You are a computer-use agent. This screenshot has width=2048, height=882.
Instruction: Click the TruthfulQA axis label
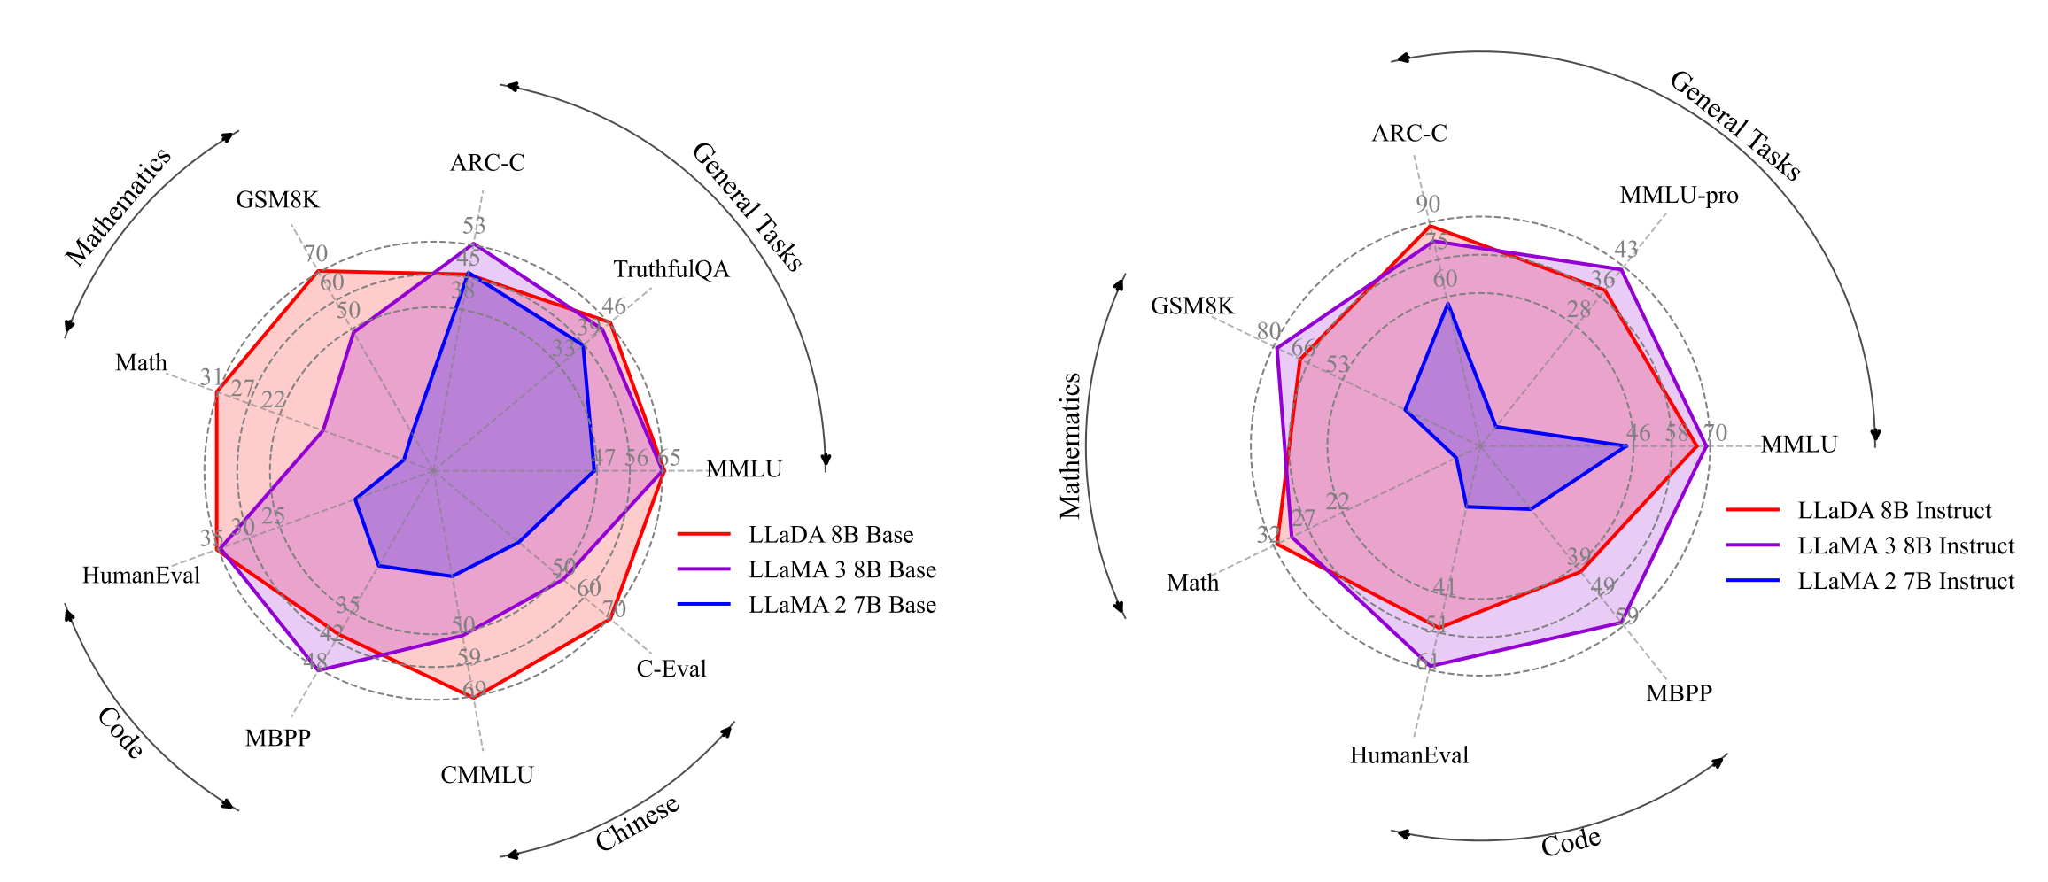click(x=671, y=269)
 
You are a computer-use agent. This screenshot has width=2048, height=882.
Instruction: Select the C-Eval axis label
click(x=671, y=669)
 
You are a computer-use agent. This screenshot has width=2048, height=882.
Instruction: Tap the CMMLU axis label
click(x=487, y=776)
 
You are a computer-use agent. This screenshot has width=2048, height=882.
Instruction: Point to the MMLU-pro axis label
click(x=1679, y=196)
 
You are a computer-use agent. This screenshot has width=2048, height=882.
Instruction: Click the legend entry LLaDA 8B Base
click(x=830, y=535)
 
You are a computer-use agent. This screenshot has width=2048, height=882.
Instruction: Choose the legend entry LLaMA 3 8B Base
click(x=842, y=570)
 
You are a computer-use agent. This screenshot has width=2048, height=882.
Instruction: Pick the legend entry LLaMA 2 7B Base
click(x=842, y=605)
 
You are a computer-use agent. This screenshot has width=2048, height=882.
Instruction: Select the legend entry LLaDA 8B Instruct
click(x=1894, y=511)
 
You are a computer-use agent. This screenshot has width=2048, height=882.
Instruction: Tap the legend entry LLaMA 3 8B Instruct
click(x=1905, y=546)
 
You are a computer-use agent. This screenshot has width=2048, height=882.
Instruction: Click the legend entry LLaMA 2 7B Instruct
click(x=1905, y=581)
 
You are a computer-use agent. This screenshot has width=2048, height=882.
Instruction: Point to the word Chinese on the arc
click(x=637, y=824)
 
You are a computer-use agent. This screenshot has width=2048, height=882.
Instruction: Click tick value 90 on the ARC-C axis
click(x=1428, y=204)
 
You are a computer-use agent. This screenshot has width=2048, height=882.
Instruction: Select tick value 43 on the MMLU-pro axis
click(x=1626, y=250)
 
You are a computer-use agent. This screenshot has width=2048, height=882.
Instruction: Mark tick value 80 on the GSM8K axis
click(x=1268, y=331)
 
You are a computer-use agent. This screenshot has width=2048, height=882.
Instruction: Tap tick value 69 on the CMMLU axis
click(x=475, y=689)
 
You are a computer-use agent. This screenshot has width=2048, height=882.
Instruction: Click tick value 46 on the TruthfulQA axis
click(x=613, y=306)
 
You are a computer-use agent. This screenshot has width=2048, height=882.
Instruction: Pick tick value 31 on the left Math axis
click(x=211, y=377)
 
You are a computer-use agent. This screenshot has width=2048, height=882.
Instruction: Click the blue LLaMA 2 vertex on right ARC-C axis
click(x=1447, y=304)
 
